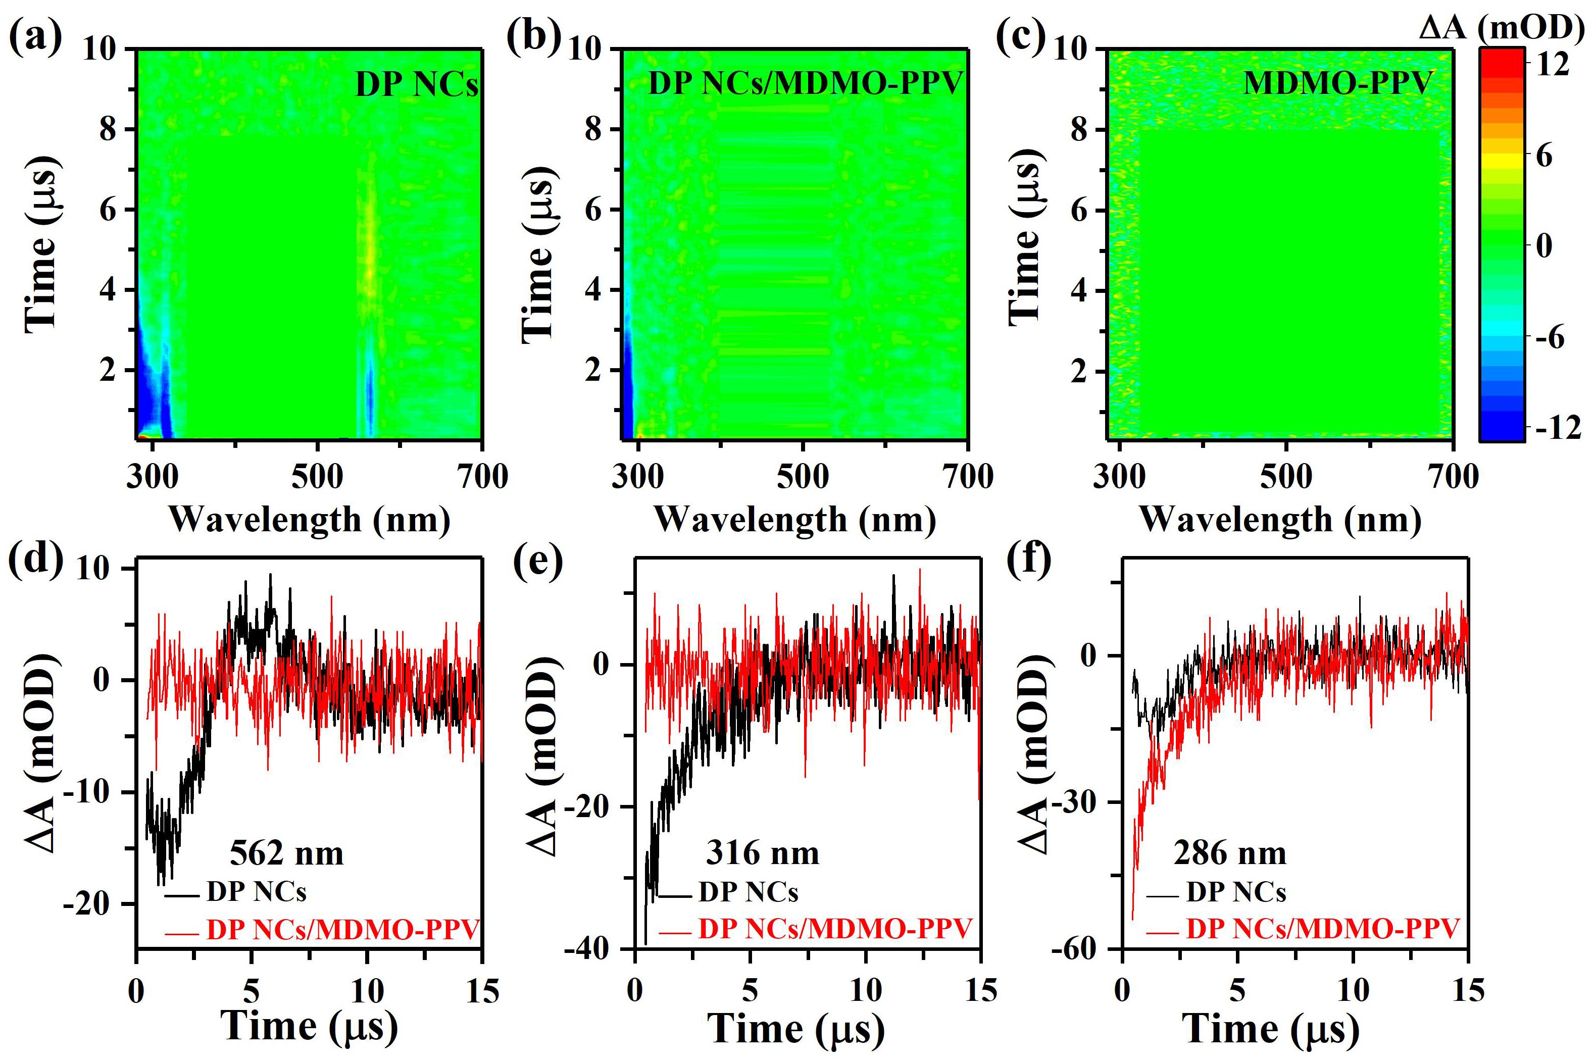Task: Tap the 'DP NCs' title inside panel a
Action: tap(417, 85)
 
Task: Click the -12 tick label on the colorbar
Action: tap(1558, 427)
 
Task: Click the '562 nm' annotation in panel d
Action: tap(286, 853)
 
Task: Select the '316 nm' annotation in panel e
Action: tap(762, 853)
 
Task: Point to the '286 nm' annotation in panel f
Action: tap(1229, 853)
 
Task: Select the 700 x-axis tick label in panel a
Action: tap(482, 477)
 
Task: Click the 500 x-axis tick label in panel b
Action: tap(802, 477)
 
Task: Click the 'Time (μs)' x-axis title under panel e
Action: tap(796, 1030)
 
